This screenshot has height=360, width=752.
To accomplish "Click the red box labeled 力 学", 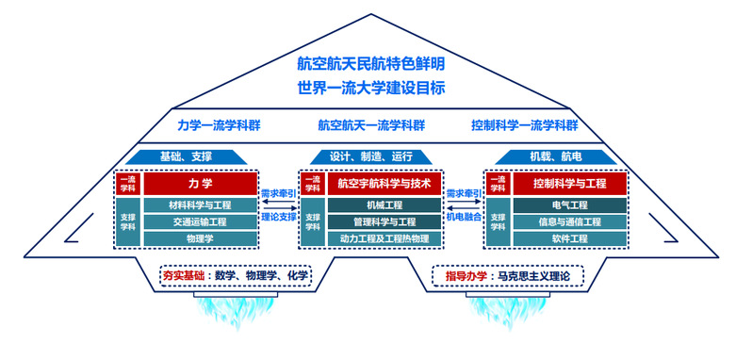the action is (x=201, y=184).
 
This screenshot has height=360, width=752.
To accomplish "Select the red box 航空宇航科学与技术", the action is (x=384, y=184).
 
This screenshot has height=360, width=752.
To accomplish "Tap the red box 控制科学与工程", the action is (x=570, y=184).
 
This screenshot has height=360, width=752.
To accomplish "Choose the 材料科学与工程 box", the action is (x=201, y=205).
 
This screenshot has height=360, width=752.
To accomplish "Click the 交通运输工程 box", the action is (x=201, y=222).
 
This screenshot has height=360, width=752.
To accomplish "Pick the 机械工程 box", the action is (x=384, y=205).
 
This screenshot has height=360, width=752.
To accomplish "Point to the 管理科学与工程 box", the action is (x=384, y=222).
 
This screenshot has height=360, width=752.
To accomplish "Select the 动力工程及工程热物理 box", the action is (x=384, y=238).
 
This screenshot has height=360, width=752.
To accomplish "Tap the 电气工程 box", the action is (x=570, y=205).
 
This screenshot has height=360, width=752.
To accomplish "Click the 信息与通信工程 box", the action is (x=570, y=222).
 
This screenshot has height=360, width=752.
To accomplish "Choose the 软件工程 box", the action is (x=570, y=238).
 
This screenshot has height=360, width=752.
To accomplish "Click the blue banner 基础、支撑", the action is (x=186, y=156).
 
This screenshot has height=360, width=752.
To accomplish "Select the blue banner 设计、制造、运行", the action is (x=371, y=156).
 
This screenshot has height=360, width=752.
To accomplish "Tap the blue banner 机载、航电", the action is (x=556, y=156).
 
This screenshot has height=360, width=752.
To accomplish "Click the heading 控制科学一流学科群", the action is (x=525, y=125).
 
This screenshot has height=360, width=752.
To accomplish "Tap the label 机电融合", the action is (x=464, y=217).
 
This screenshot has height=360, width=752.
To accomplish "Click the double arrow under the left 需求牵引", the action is (x=279, y=207).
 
